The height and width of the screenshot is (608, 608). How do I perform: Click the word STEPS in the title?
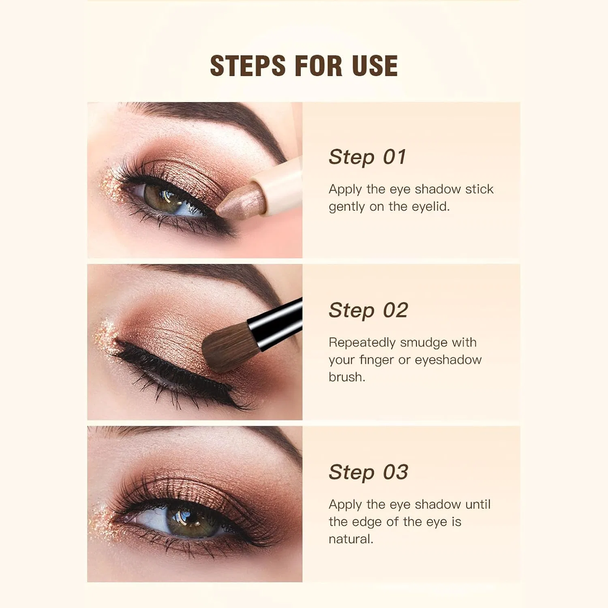pos(248,66)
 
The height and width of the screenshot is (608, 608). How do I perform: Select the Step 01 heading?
pos(367,157)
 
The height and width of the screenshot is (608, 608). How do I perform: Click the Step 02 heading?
pos(368,310)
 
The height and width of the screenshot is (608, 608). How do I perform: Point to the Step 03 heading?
pos(368,472)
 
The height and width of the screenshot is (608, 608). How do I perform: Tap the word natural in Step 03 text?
pos(351,539)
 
